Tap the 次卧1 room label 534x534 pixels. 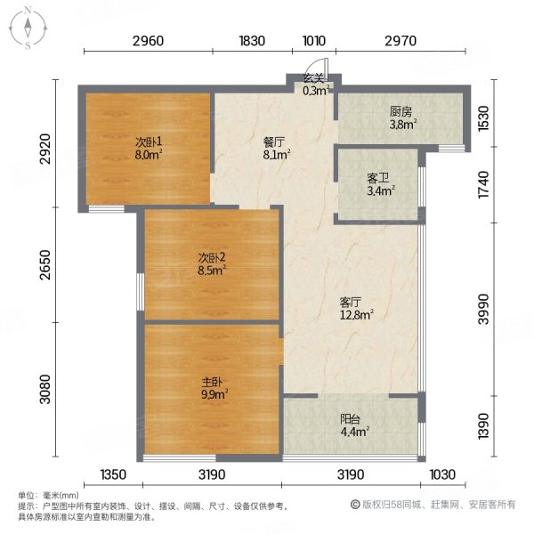point(148,142)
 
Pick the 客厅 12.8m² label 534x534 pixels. point(355,307)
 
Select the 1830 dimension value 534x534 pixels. point(253,40)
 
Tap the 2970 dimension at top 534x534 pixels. point(401,40)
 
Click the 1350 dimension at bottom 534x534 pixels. point(115,474)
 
